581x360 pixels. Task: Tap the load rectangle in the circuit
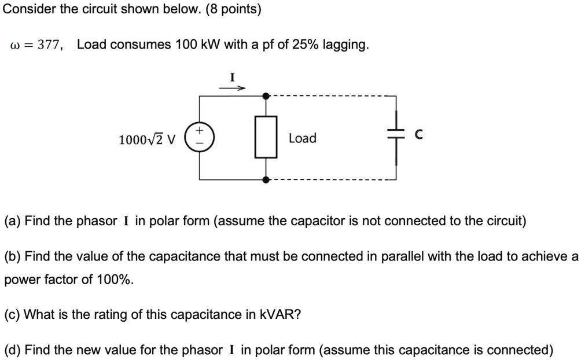point(266,138)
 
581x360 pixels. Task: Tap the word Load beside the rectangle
point(303,138)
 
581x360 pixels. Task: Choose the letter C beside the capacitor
point(419,135)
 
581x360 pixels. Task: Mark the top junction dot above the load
point(266,96)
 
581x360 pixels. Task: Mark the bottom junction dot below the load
point(266,179)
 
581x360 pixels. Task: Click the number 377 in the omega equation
point(50,45)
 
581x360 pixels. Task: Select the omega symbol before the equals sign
point(16,46)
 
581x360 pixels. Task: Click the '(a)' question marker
point(13,221)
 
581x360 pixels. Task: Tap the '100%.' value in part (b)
point(115,280)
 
